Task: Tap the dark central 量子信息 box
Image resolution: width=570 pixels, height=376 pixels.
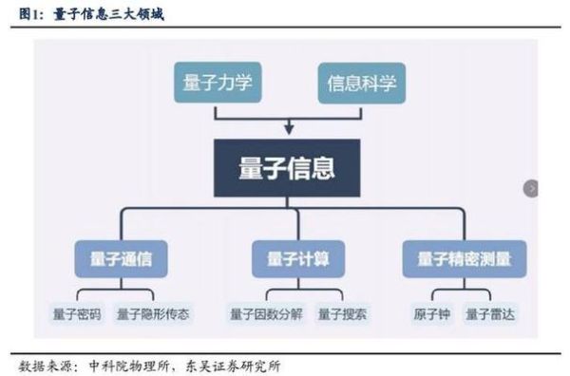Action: (286, 168)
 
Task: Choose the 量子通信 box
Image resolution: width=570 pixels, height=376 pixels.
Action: (113, 259)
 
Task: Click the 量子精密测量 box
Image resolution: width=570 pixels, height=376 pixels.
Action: (464, 259)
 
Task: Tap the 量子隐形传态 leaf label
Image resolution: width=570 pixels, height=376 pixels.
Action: (152, 313)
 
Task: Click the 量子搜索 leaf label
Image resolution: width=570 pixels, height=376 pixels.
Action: (342, 313)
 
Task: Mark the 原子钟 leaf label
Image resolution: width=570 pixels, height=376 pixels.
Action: (432, 313)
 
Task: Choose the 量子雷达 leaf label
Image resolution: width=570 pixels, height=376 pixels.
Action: (490, 313)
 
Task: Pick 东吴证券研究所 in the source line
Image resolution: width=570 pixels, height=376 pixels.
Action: (228, 366)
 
